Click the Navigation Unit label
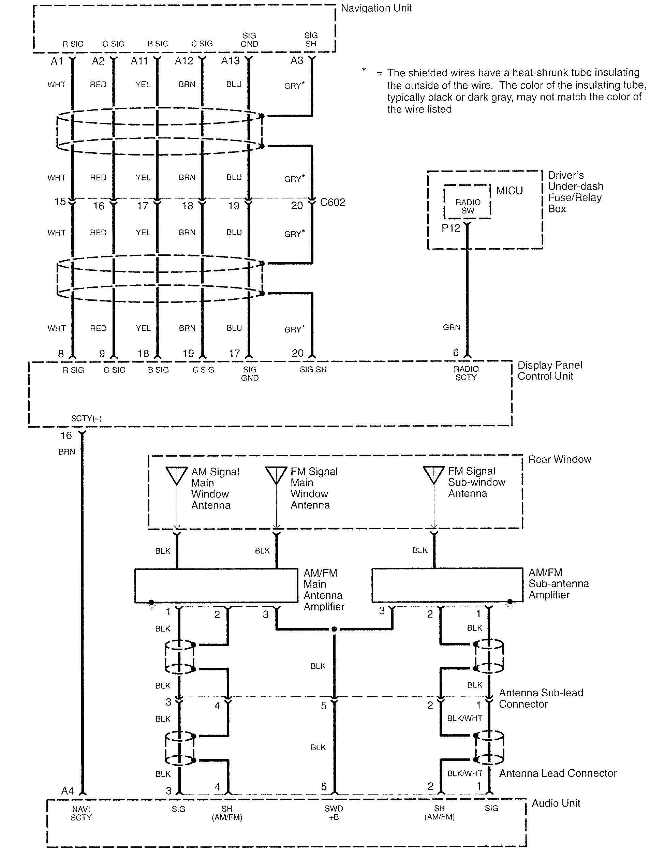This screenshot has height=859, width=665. coord(376,8)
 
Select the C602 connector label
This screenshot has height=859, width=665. coord(332,202)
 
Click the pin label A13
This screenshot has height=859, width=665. coord(230,61)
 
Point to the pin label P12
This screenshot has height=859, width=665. coord(451,228)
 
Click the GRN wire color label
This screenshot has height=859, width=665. coord(452,327)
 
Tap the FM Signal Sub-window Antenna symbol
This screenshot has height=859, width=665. coord(434,475)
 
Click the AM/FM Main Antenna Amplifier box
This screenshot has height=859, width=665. coord(216,585)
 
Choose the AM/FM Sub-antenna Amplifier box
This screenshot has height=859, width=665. coord(447,585)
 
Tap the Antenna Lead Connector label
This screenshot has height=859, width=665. coord(558,773)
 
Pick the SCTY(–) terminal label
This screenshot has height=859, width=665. coord(86,418)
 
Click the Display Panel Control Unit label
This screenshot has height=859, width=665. coord(549,370)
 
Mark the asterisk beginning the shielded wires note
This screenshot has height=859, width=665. coord(364,70)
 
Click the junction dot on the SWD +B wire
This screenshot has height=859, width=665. coord(334,629)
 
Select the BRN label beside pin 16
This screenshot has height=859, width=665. coord(66,452)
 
